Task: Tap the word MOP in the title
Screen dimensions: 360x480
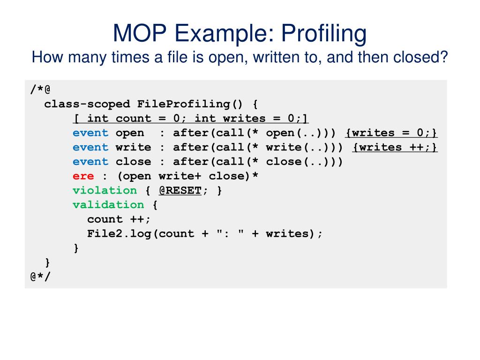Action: point(137,34)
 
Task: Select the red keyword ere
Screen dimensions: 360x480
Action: point(83,176)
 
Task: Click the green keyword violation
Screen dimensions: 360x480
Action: point(105,190)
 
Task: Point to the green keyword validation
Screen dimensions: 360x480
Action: point(108,205)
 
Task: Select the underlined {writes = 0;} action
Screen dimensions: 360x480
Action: point(391,133)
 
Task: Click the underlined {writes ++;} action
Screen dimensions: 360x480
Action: point(395,147)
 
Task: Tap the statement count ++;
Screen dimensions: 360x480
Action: point(119,219)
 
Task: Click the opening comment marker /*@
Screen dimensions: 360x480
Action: point(40,89)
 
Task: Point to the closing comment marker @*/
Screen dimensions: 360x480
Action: point(40,277)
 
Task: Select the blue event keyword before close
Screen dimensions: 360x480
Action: point(90,162)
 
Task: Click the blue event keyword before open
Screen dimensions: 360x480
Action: point(90,133)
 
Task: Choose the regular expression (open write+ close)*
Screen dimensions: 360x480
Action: point(180,176)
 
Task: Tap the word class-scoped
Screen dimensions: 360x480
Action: point(87,104)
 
